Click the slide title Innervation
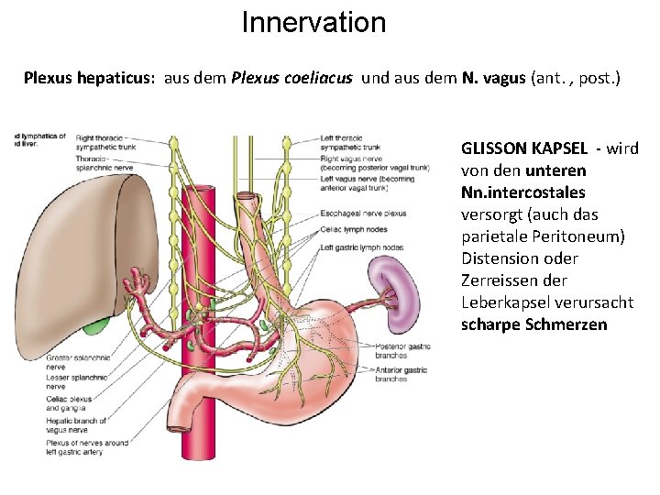click(x=313, y=22)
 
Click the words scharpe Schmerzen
click(x=533, y=324)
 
